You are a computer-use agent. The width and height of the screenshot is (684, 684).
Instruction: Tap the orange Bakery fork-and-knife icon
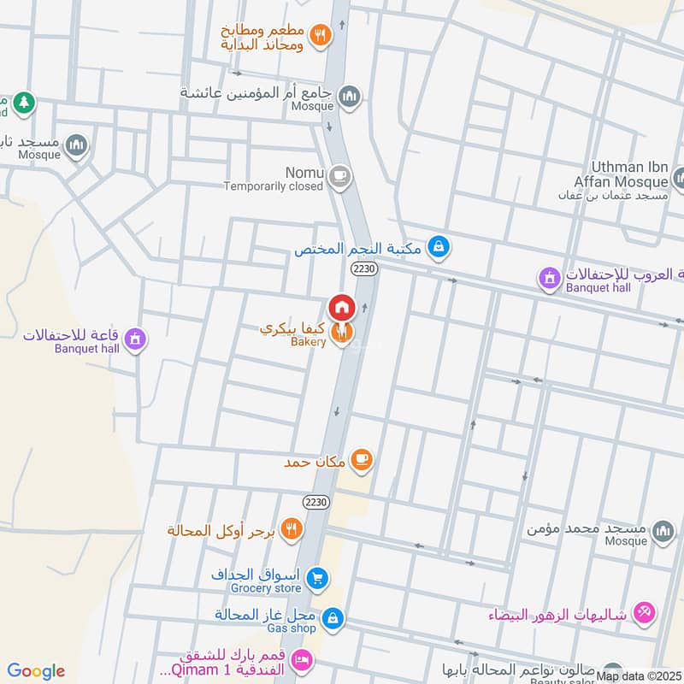pyautogui.click(x=342, y=333)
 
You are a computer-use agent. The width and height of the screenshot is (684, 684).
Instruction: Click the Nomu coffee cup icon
pyautogui.click(x=339, y=177)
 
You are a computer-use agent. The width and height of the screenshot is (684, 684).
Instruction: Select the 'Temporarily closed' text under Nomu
pyautogui.click(x=274, y=186)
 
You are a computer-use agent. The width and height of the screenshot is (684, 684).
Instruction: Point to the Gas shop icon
pyautogui.click(x=333, y=616)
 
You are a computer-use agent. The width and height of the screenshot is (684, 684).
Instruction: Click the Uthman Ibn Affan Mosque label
pyautogui.click(x=628, y=174)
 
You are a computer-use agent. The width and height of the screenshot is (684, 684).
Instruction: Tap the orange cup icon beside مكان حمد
pyautogui.click(x=362, y=460)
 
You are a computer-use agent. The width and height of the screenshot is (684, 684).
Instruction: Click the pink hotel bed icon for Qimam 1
pyautogui.click(x=300, y=659)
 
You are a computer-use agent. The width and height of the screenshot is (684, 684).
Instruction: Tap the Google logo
pyautogui.click(x=35, y=671)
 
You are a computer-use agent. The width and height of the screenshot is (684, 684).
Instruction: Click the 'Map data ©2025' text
pyautogui.click(x=638, y=675)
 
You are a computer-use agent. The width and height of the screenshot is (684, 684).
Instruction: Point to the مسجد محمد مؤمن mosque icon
pyautogui.click(x=663, y=532)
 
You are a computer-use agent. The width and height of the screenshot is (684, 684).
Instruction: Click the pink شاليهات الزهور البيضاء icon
pyautogui.click(x=646, y=613)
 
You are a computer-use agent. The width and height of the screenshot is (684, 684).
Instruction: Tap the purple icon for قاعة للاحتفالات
pyautogui.click(x=133, y=340)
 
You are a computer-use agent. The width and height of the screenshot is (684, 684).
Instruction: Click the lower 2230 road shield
pyautogui.click(x=315, y=501)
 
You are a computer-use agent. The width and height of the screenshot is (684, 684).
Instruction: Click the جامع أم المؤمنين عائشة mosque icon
pyautogui.click(x=349, y=98)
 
